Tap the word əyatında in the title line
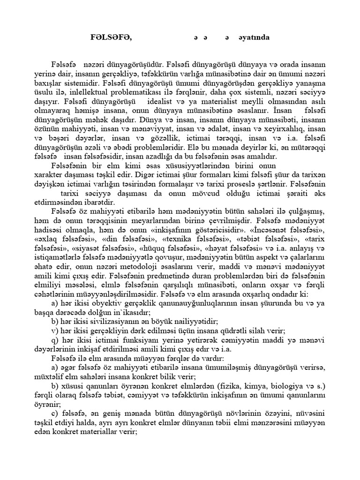[253, 37]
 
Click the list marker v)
[55, 330]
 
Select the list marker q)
[55, 339]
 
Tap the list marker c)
[55, 412]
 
